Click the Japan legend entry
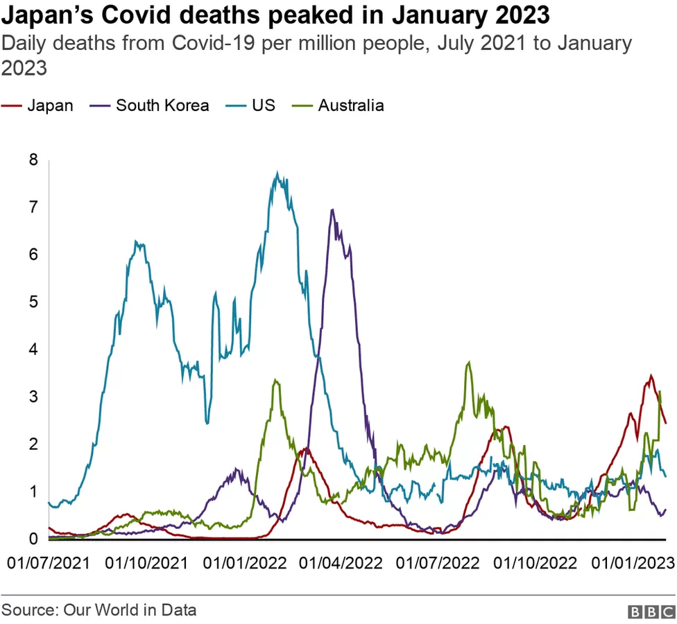(49, 105)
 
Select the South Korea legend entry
(162, 105)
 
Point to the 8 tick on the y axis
(33, 160)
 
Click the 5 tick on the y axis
(33, 302)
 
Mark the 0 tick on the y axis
(33, 539)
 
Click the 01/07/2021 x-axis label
(49, 562)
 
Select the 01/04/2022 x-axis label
(340, 562)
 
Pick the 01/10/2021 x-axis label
(146, 562)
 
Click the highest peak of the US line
(277, 173)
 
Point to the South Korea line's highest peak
(333, 209)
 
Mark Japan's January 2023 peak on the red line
(651, 376)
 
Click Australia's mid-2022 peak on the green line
(470, 362)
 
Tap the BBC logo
(651, 612)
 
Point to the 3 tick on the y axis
(33, 397)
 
